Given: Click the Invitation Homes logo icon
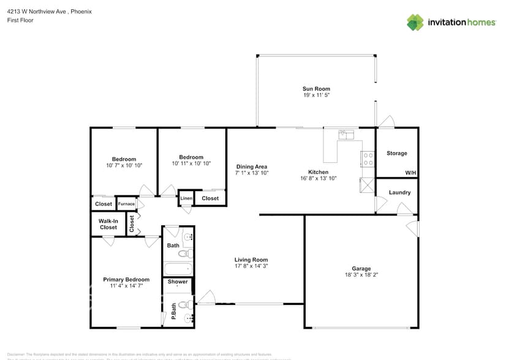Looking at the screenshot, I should pyautogui.click(x=415, y=22).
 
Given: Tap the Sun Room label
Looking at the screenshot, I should pyautogui.click(x=316, y=89).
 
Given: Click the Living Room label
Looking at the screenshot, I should pyautogui.click(x=251, y=260).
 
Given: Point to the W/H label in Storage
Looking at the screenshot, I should pyautogui.click(x=410, y=173).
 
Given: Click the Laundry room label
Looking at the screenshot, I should pyautogui.click(x=399, y=192).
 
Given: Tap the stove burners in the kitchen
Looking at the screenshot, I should pyautogui.click(x=368, y=159).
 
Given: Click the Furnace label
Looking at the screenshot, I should pyautogui.click(x=126, y=204).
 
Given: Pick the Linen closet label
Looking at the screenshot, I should pyautogui.click(x=186, y=198).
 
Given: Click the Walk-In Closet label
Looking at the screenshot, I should pyautogui.click(x=108, y=224).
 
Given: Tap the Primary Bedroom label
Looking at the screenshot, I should pyautogui.click(x=126, y=280).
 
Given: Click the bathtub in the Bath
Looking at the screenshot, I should pyautogui.click(x=178, y=269).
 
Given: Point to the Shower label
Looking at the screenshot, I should pyautogui.click(x=178, y=282).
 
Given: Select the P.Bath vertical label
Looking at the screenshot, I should pyautogui.click(x=174, y=312).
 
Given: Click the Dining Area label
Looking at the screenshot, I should pyautogui.click(x=252, y=167).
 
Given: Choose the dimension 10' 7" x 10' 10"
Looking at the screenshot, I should pyautogui.click(x=124, y=165).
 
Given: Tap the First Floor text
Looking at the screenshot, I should pyautogui.click(x=21, y=20).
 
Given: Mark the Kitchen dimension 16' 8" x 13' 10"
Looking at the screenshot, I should pyautogui.click(x=318, y=179).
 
